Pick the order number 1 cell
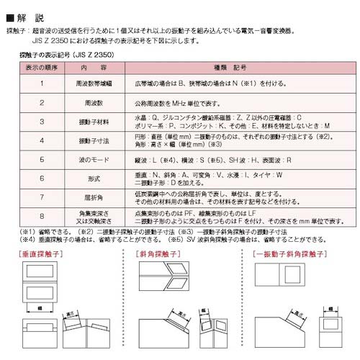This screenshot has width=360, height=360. [43, 84]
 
